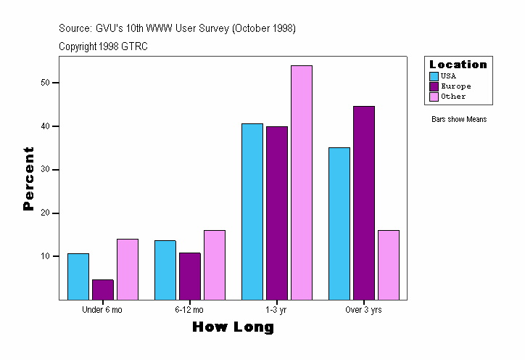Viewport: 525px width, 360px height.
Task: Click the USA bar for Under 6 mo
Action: [x=78, y=277]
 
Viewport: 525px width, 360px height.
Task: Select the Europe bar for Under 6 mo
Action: [x=103, y=290]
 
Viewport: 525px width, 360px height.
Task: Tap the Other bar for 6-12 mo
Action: [x=215, y=265]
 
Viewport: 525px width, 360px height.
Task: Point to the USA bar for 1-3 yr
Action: [x=252, y=211]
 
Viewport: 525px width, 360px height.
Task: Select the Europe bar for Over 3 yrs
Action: [x=364, y=202]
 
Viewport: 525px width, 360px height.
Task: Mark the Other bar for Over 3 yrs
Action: [x=389, y=265]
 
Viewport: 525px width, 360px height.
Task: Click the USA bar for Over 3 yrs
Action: [x=339, y=224]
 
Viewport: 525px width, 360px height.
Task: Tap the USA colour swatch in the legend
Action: [x=434, y=76]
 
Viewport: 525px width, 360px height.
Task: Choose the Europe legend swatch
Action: [x=434, y=86]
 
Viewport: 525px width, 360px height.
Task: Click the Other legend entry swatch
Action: [x=434, y=97]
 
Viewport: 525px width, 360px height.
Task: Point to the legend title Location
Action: [x=458, y=65]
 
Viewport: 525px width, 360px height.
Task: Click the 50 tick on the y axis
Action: [x=46, y=83]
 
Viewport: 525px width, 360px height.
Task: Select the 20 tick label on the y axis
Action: [x=46, y=213]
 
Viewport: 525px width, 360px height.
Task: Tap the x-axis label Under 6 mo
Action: [x=102, y=310]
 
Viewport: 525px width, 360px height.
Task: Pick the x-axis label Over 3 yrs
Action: [x=363, y=310]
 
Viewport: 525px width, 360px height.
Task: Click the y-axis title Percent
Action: [x=29, y=179]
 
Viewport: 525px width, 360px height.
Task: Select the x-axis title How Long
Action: [x=233, y=327]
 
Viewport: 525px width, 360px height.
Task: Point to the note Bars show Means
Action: [x=459, y=120]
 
